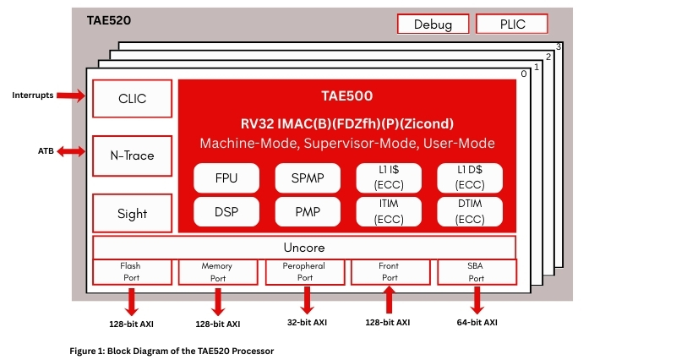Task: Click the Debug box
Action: [433, 24]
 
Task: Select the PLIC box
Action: [512, 24]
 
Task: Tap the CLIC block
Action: [132, 99]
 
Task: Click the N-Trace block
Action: [132, 155]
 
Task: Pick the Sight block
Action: [132, 213]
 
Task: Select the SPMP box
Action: [306, 178]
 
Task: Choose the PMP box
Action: [306, 211]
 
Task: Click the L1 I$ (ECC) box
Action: [389, 178]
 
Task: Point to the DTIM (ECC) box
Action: [470, 211]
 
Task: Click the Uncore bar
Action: [304, 248]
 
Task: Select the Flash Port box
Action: [131, 271]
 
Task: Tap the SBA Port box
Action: [477, 271]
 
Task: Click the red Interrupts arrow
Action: [73, 95]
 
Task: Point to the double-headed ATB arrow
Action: [72, 151]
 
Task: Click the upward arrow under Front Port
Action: [389, 300]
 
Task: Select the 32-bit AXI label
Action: [306, 322]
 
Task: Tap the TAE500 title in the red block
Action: [346, 96]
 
